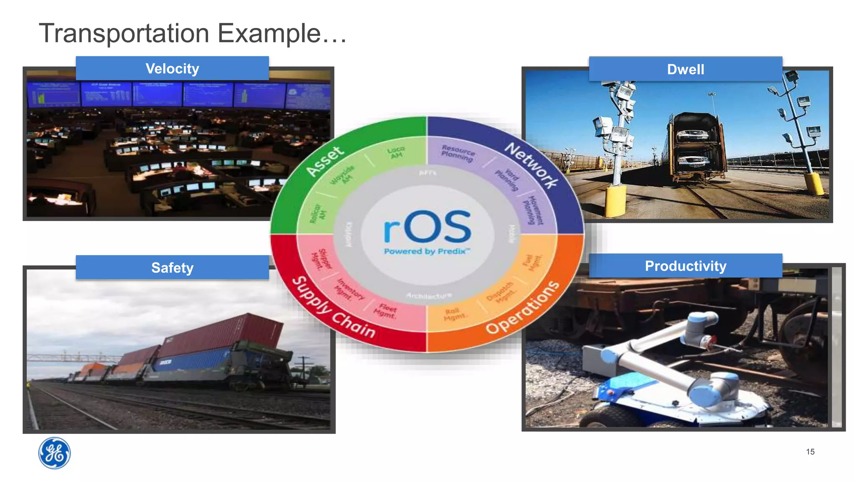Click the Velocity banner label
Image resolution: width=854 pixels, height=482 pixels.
tap(172, 68)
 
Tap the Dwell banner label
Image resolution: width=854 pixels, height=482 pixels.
tap(686, 69)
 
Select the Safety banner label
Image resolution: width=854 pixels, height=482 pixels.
tap(172, 267)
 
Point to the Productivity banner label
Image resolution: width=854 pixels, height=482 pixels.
tap(686, 266)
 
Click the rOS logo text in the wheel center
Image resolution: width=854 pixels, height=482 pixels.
tap(427, 227)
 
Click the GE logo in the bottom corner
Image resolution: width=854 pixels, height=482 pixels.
tap(54, 453)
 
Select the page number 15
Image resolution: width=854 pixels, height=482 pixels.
tap(810, 452)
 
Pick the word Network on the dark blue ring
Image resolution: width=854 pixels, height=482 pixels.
tap(531, 165)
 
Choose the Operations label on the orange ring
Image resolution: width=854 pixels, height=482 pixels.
tap(523, 307)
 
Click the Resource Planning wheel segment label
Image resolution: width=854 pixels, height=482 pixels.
tap(457, 153)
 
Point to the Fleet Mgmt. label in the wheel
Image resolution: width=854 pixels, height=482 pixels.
tap(385, 311)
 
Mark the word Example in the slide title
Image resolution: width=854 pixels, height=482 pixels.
tap(269, 33)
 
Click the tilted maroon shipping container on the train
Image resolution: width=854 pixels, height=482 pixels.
tap(221, 334)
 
